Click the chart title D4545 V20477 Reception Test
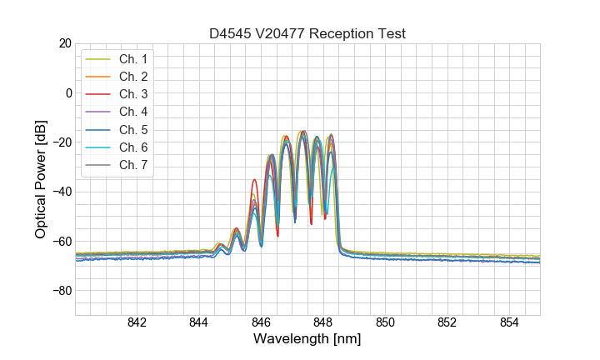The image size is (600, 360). pyautogui.click(x=307, y=33)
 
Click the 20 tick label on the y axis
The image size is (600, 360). pyautogui.click(x=64, y=43)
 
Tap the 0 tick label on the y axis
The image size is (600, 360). pyautogui.click(x=67, y=92)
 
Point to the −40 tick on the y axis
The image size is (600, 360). pyautogui.click(x=61, y=192)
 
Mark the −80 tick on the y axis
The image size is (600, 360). pyautogui.click(x=61, y=291)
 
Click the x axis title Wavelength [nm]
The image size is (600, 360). pyautogui.click(x=307, y=340)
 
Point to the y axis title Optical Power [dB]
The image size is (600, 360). pyautogui.click(x=41, y=179)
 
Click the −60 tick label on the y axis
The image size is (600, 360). pyautogui.click(x=61, y=242)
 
